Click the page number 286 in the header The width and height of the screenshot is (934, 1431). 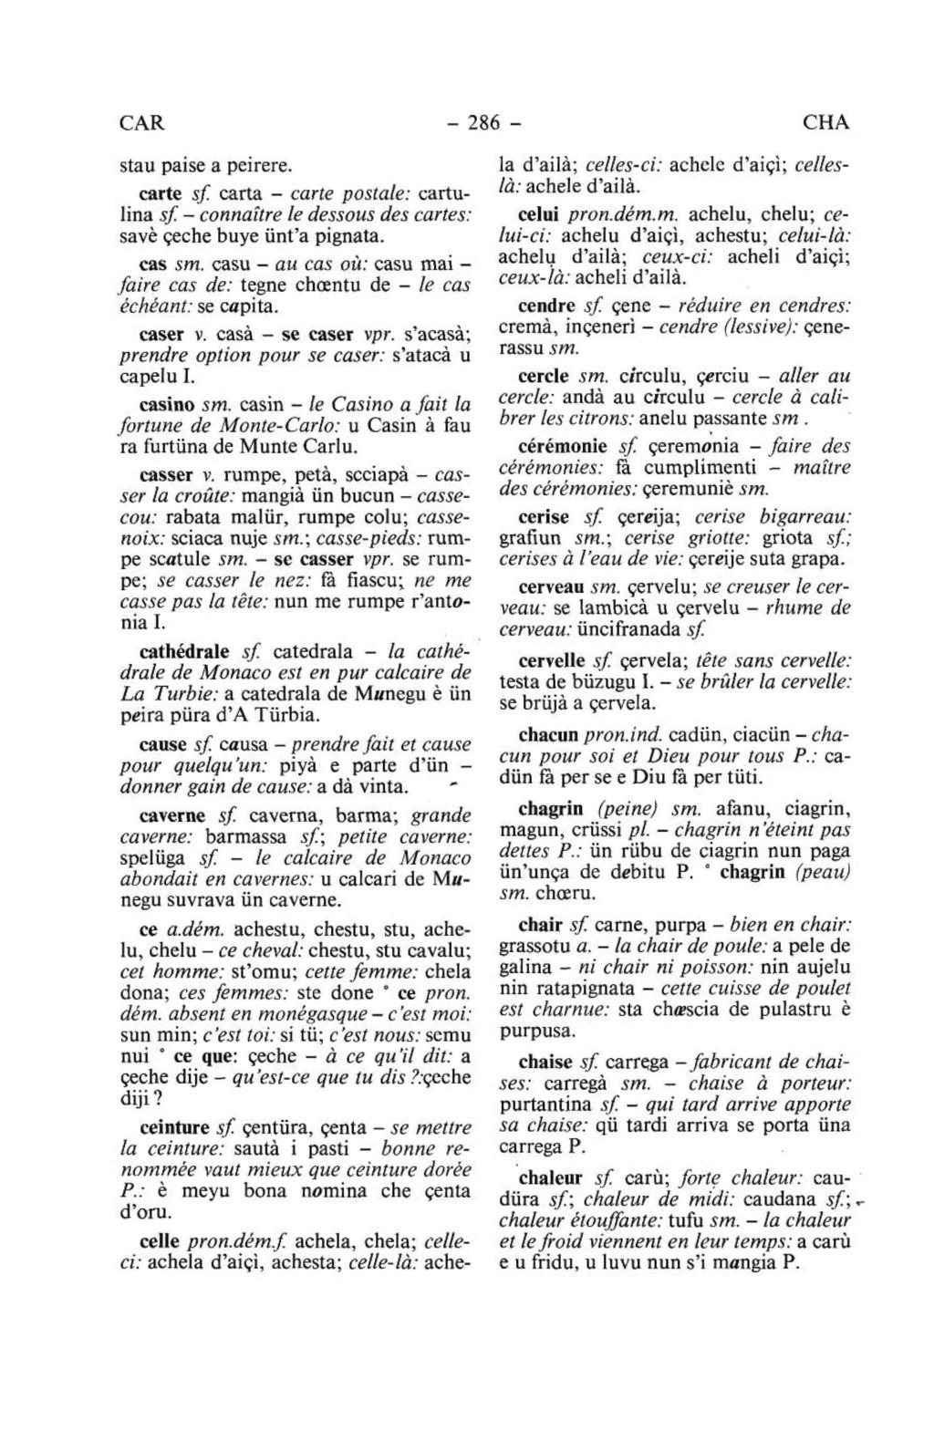point(481,122)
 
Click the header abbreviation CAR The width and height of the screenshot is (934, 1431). point(142,122)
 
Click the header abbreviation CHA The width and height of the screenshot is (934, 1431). point(825,122)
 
